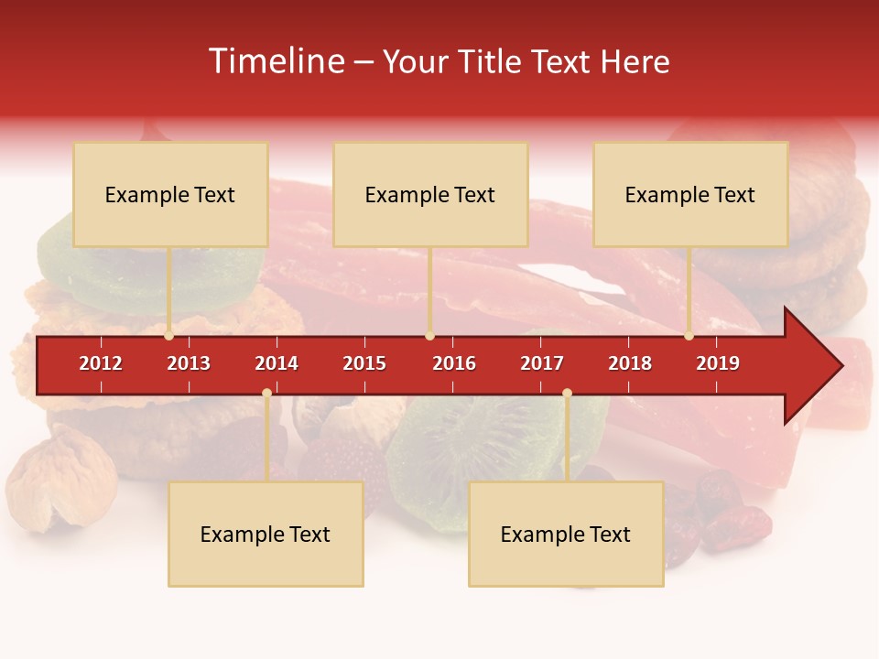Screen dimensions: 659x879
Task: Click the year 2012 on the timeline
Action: [x=101, y=363]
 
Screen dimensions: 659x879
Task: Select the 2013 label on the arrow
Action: [x=189, y=363]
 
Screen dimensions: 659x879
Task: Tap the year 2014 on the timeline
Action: [x=277, y=363]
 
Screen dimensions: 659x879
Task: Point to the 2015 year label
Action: [x=364, y=363]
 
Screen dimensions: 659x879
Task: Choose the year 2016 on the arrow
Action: [x=454, y=363]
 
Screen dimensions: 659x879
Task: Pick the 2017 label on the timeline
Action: [x=542, y=363]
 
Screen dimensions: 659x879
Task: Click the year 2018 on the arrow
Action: [x=630, y=363]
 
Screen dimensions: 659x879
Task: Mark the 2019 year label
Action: [x=718, y=363]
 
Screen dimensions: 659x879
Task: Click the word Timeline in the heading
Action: [x=275, y=61]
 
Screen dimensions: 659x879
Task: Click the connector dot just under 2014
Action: [x=266, y=393]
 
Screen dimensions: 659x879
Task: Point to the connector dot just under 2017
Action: [x=567, y=393]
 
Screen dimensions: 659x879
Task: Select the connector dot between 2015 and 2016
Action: [x=429, y=336]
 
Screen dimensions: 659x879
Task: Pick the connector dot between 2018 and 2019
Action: [x=689, y=336]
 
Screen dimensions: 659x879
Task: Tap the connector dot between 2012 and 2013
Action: [x=169, y=336]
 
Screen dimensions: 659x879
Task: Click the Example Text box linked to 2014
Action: [x=266, y=534]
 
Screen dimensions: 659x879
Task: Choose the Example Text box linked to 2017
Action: [x=566, y=534]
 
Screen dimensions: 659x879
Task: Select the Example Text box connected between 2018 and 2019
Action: [x=690, y=194]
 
